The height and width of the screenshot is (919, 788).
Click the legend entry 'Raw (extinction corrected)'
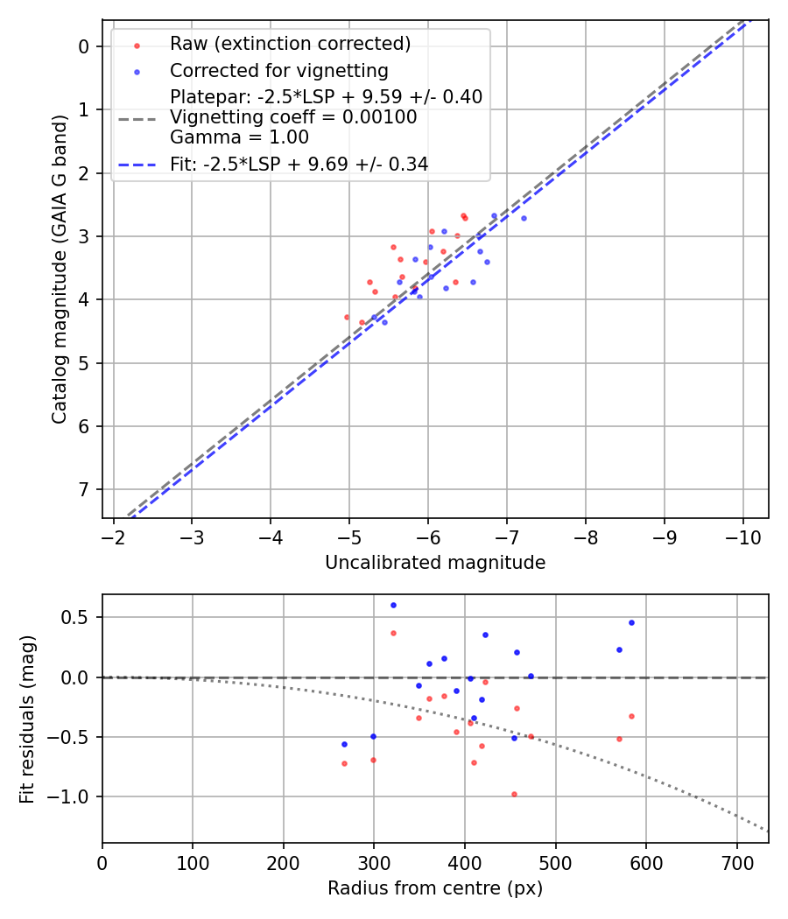point(290,44)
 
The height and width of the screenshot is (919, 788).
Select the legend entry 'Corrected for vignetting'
point(278,70)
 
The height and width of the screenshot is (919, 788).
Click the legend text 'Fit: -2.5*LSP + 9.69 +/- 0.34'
point(299,164)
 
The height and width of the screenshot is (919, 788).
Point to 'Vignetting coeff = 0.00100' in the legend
point(293,116)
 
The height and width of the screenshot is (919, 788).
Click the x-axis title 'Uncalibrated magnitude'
point(435,563)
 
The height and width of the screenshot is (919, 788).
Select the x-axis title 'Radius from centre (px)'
point(435,888)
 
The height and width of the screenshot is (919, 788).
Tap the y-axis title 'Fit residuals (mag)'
point(28,718)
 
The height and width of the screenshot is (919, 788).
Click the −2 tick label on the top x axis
point(113,537)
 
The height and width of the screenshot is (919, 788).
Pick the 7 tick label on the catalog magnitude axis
point(85,489)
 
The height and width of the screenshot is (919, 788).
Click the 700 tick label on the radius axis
point(736,862)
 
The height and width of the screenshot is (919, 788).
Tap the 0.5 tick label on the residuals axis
point(79,618)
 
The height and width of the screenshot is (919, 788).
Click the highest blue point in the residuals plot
point(393,605)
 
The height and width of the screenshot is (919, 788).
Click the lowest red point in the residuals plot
point(514,794)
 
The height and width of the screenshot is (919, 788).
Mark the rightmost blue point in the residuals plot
point(631,622)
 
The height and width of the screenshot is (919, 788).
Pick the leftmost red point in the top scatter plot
point(347,317)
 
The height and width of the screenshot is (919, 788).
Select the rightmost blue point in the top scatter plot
point(524,218)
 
